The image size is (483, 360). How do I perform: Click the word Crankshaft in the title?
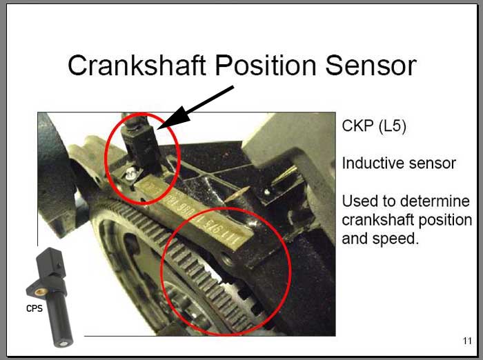(137, 66)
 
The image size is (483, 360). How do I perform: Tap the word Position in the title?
(266, 66)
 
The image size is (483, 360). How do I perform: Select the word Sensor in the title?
(371, 66)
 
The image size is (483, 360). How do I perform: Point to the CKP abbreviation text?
(358, 126)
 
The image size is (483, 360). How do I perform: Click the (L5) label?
(392, 126)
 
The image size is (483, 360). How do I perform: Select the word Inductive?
(373, 163)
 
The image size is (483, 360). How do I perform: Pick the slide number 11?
(467, 341)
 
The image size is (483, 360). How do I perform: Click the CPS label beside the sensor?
(34, 308)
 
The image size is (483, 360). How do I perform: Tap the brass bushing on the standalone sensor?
(40, 291)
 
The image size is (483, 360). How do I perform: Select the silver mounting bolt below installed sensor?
(131, 174)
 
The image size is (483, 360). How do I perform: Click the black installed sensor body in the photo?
(142, 148)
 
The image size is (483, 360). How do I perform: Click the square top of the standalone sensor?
(51, 262)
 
